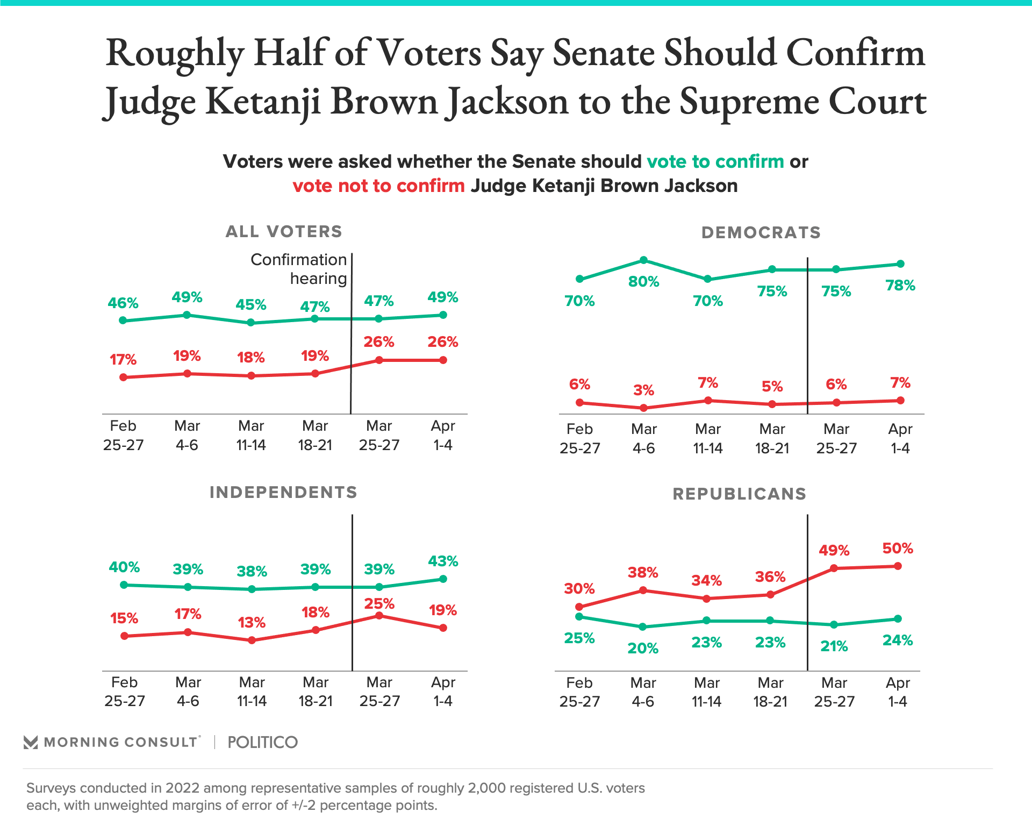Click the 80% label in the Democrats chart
coord(643,281)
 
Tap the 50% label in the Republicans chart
coord(898,549)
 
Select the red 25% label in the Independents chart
coord(379,604)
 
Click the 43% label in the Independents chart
coord(443,561)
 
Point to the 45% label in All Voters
coord(251,305)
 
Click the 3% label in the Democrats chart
coord(643,390)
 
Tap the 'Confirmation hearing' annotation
coord(299,269)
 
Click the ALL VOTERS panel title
coord(284,232)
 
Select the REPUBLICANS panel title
coord(740,494)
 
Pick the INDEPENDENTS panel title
coord(283,493)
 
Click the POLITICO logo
coord(262,743)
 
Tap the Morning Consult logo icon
coord(31,743)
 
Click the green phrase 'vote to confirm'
coord(715,161)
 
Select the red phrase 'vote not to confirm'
coord(378,186)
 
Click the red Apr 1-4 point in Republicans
coord(898,566)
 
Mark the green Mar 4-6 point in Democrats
coord(643,260)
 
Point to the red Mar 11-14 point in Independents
coord(252,640)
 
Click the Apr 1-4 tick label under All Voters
coord(443,436)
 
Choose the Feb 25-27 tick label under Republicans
coord(579,692)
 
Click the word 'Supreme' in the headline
coord(749,101)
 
